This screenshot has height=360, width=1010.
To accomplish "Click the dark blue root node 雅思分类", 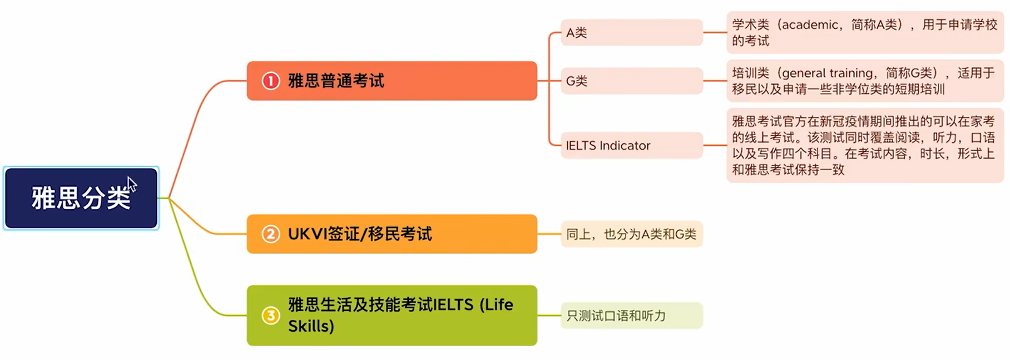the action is coord(81,198).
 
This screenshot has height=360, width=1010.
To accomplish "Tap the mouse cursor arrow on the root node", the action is coord(131,184).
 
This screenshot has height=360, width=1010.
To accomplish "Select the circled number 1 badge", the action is coord(271,81).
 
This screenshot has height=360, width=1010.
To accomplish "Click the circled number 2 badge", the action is coord(271,234).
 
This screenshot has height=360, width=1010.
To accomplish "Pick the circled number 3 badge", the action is coord(271,315).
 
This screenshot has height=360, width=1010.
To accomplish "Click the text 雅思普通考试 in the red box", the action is coord(336,81).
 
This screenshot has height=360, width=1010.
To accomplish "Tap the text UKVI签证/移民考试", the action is coord(359,234).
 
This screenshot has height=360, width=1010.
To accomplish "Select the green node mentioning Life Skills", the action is coord(392,315).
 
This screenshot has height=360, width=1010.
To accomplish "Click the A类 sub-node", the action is coord(631,33).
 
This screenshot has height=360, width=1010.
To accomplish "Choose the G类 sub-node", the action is coord(631,81).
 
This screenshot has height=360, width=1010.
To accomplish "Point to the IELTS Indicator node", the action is coord(631,146).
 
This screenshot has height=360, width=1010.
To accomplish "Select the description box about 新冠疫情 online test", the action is coord(864,146).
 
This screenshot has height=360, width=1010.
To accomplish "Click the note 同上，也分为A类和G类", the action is coord(631,234).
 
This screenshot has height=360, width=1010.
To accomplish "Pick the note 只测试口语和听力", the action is coord(631,315).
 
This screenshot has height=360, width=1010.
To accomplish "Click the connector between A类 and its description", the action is coord(715,33).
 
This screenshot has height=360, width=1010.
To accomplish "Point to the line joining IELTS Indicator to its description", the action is coord(715,145).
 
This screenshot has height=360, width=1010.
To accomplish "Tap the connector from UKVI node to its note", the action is coord(549,234).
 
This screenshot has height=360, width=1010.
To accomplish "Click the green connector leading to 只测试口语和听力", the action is coord(549,315).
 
